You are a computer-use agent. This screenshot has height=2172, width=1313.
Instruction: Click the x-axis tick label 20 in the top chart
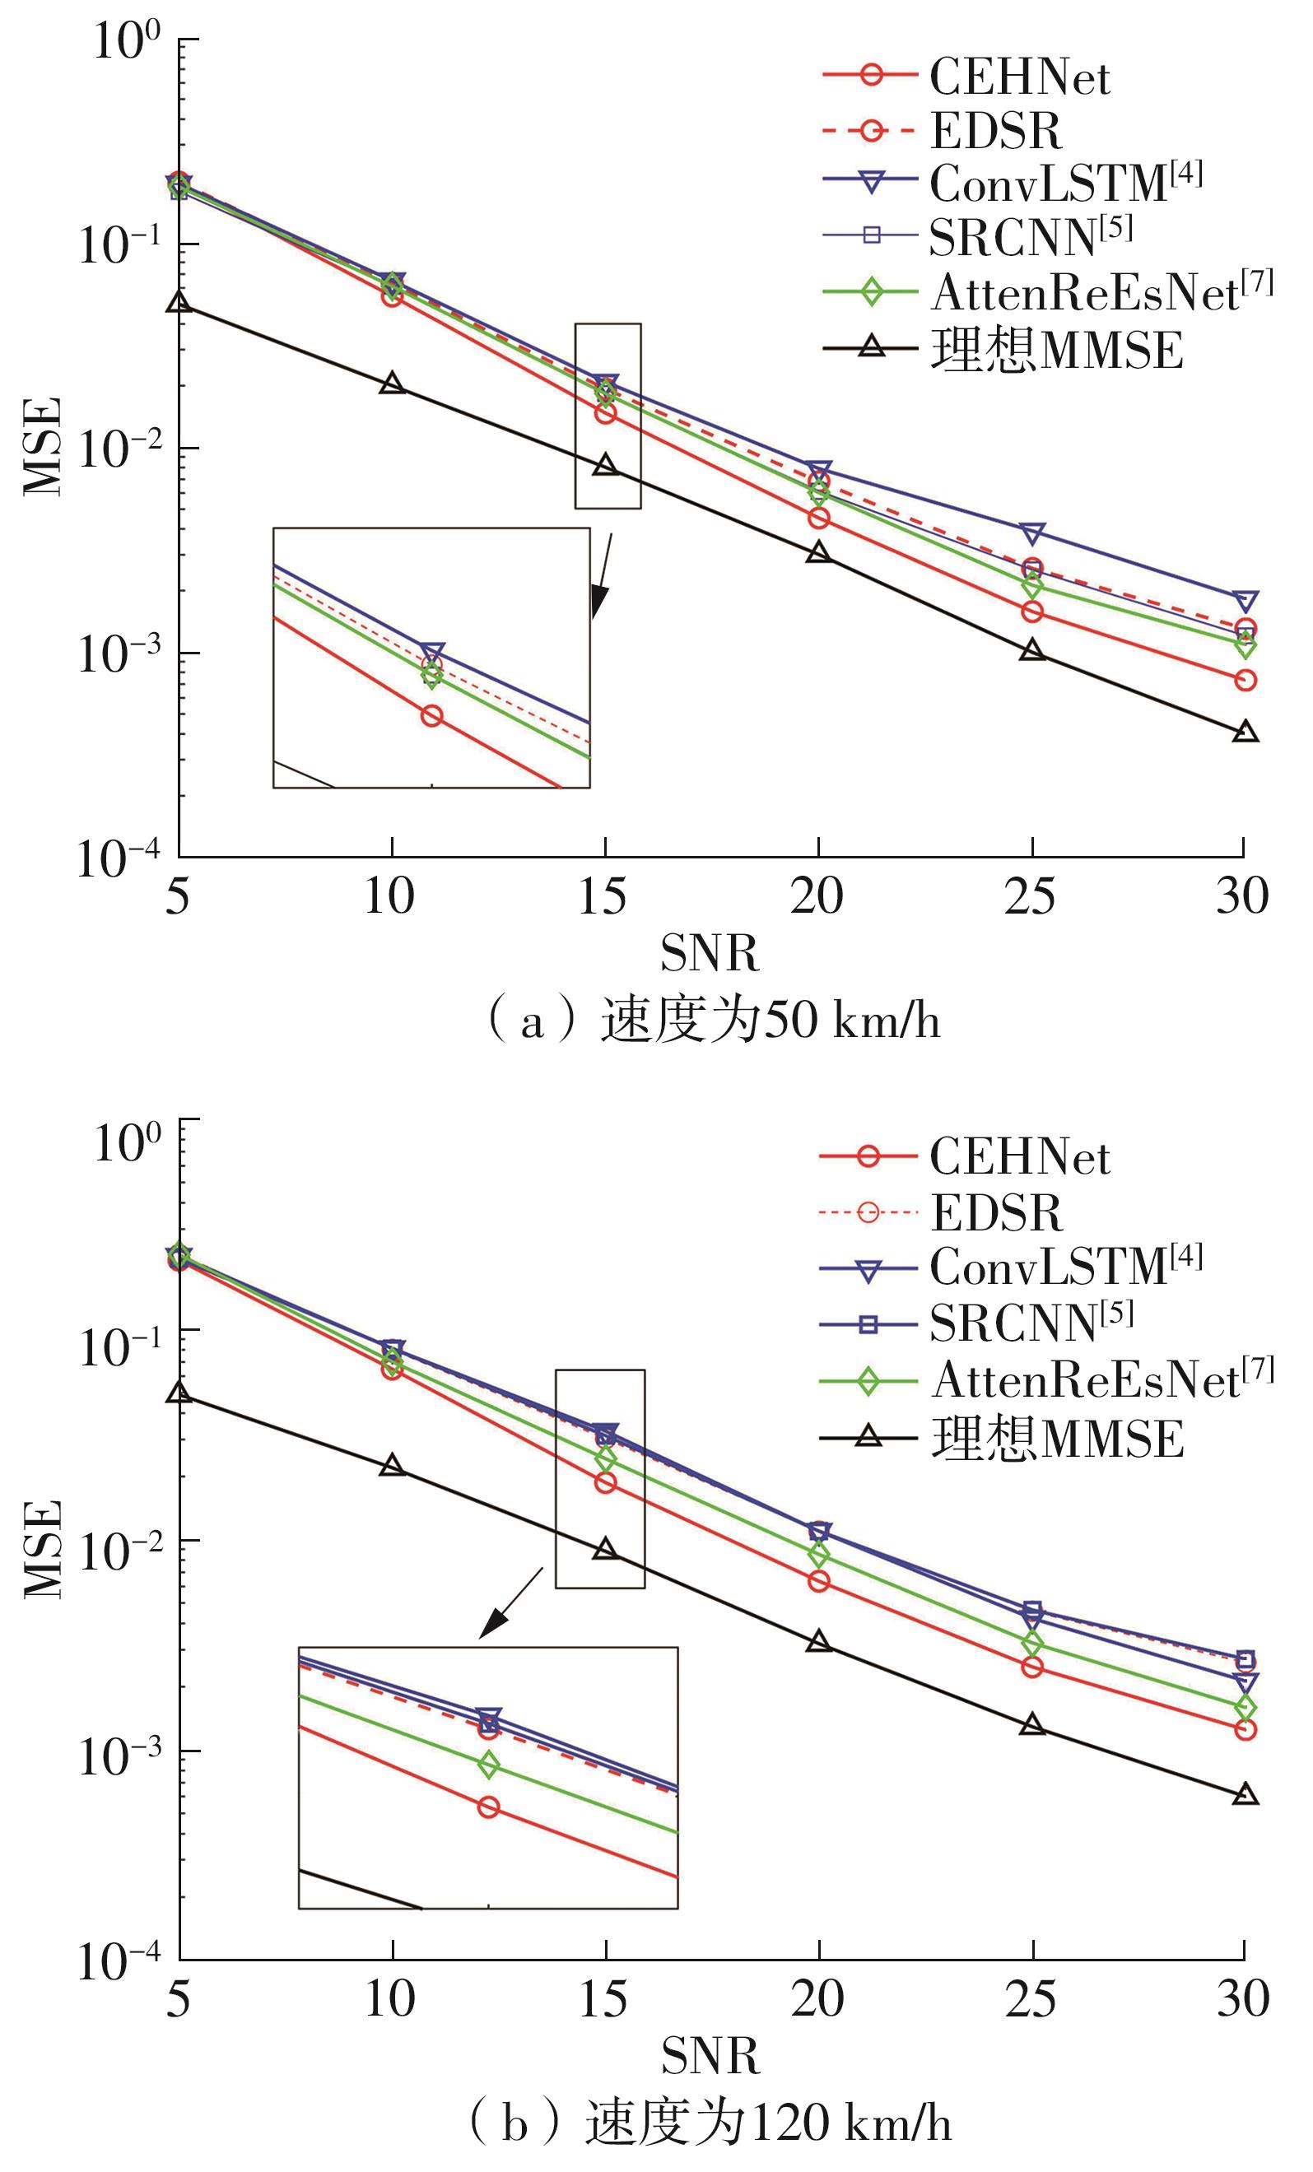click(x=817, y=896)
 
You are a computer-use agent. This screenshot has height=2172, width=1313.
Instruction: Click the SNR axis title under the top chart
click(x=709, y=954)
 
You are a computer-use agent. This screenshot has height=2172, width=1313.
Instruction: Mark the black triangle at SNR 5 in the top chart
click(x=179, y=303)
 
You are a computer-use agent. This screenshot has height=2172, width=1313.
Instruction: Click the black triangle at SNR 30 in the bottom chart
click(x=1244, y=1795)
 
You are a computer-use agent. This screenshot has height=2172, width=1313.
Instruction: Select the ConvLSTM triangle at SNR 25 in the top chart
click(x=1031, y=533)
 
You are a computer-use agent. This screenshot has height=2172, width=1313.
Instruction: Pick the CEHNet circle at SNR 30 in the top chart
click(x=1244, y=680)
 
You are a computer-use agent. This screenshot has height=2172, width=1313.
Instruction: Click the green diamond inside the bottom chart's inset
click(x=487, y=1765)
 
